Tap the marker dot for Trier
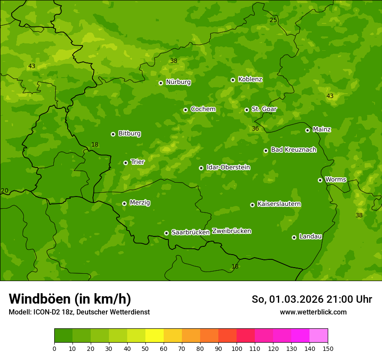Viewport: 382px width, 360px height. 125,163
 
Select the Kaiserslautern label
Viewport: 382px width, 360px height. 279,204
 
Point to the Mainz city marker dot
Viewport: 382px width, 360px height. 307,130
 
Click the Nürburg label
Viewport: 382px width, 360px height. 178,82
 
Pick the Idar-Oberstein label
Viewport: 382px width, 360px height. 228,167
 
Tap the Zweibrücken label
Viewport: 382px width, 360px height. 231,231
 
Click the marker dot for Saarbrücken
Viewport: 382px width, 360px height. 166,233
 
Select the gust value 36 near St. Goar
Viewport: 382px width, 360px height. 255,128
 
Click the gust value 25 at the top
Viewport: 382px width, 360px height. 273,20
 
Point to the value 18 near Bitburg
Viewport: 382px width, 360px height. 95,144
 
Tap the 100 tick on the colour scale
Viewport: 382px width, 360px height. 237,348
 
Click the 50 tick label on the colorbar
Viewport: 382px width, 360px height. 145,348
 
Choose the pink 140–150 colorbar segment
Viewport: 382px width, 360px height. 319,335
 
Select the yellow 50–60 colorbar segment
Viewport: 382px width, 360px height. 155,335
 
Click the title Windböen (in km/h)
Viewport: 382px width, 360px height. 70,299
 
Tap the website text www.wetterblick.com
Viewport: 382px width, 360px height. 313,312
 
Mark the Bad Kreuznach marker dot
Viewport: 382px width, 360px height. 266,151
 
